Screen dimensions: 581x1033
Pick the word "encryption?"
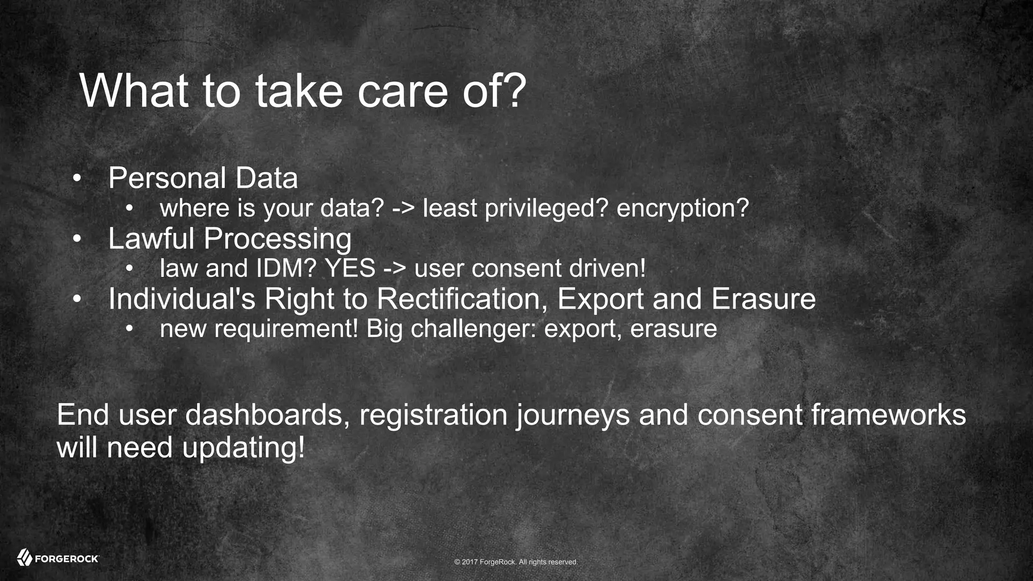click(x=682, y=208)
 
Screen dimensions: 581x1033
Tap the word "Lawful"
click(x=151, y=239)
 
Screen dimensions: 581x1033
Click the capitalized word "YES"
click(x=350, y=268)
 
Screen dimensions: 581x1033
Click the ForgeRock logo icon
click(x=24, y=558)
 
